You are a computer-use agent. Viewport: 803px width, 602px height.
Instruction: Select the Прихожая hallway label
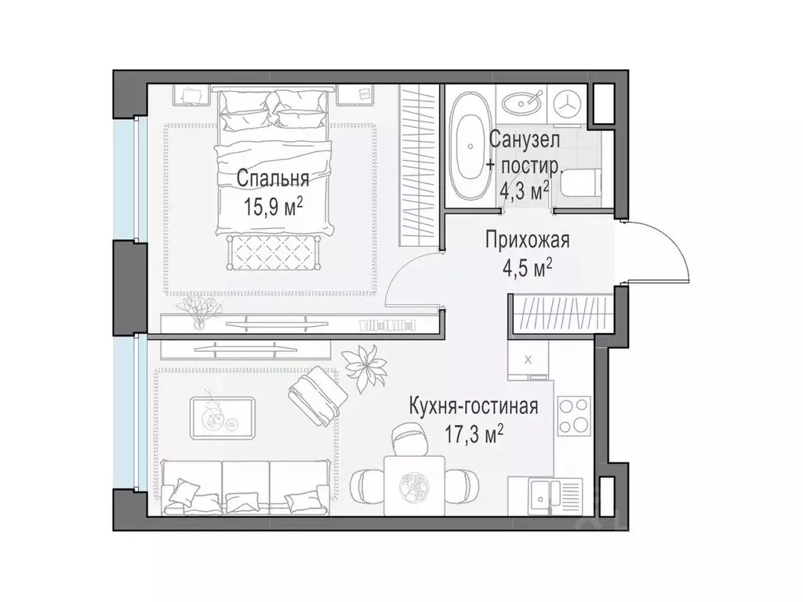(x=527, y=241)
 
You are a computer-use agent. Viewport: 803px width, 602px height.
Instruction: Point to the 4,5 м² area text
(x=527, y=268)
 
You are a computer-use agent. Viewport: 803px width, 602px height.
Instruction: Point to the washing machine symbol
(x=568, y=103)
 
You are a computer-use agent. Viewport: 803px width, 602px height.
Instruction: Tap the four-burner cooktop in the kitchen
(x=574, y=416)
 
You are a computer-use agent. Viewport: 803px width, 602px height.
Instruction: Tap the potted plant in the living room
(x=367, y=366)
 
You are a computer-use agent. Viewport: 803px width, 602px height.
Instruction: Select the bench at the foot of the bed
(x=273, y=251)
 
